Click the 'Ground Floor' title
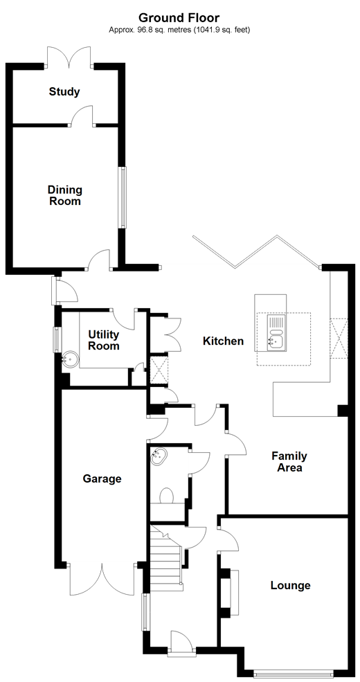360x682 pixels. coord(179,18)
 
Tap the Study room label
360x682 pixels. coord(64,92)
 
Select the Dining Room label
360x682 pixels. coord(65,196)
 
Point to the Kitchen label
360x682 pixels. coord(224,341)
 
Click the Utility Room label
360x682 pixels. coord(104,341)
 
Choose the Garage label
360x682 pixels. coord(102,479)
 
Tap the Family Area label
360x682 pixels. coord(289,462)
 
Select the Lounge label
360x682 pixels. coord(291,586)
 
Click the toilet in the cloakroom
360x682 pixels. coord(166,496)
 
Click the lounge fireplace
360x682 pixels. coord(230,593)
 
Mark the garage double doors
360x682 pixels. coord(102,580)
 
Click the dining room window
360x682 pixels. coord(123,197)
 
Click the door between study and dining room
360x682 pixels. coord(82,115)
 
